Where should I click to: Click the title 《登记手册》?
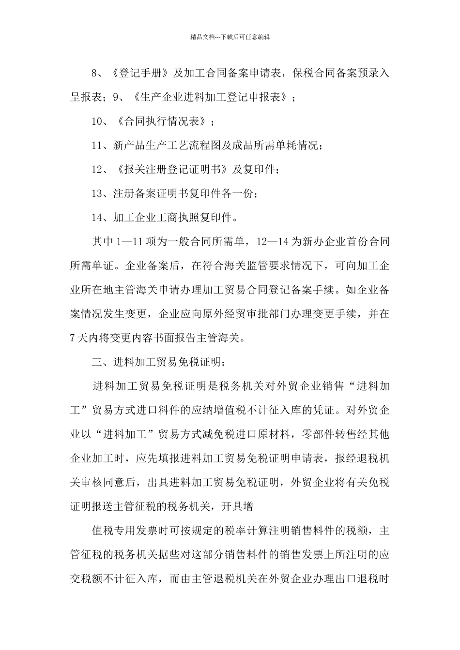click(140, 74)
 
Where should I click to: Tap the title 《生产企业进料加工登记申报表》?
click(212, 97)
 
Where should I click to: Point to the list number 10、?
click(102, 121)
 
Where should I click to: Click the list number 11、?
click(102, 146)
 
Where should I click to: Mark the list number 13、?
click(102, 193)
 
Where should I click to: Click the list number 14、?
click(102, 218)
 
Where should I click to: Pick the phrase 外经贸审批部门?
click(245, 314)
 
